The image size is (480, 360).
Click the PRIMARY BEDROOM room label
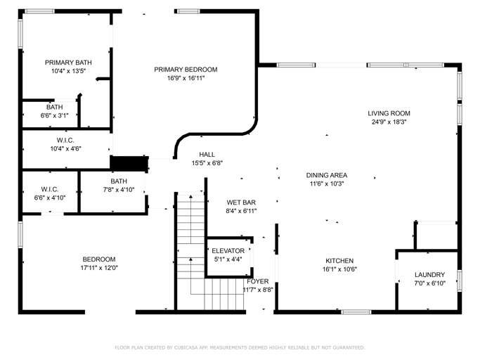(186, 70)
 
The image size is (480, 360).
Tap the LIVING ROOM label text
(389, 113)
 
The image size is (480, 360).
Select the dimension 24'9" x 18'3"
(389, 122)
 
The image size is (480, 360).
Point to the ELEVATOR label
(228, 250)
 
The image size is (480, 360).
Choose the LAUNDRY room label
(429, 275)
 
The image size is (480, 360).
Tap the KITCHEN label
(338, 260)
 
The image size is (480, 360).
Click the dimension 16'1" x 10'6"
(338, 269)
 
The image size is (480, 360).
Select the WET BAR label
(240, 202)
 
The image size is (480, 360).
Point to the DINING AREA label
(326, 175)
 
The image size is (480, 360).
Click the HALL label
(207, 155)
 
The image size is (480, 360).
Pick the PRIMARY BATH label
(68, 63)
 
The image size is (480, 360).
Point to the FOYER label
(257, 281)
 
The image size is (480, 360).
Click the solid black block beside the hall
(129, 163)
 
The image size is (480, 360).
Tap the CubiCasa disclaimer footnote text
(240, 347)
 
